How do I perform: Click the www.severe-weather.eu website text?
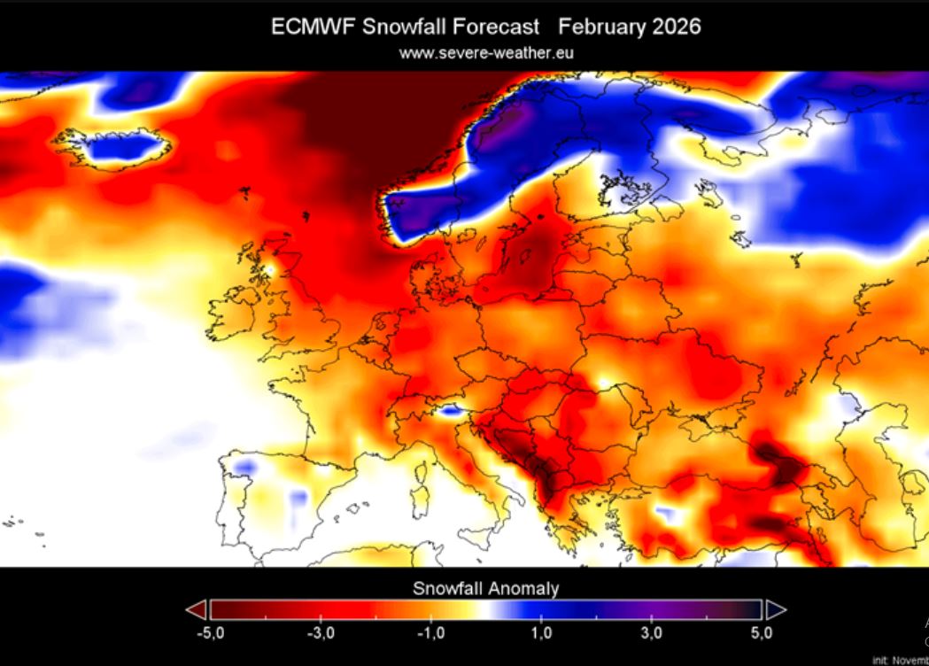pyautogui.click(x=486, y=53)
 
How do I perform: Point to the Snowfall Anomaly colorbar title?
pyautogui.click(x=486, y=588)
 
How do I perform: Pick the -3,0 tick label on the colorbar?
pyautogui.click(x=321, y=633)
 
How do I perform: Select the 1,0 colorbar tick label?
pyautogui.click(x=541, y=633)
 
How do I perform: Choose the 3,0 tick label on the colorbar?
pyautogui.click(x=652, y=633)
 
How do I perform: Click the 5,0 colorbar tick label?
pyautogui.click(x=762, y=633)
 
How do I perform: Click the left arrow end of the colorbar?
pyautogui.click(x=197, y=609)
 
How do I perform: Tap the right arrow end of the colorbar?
pyautogui.click(x=775, y=609)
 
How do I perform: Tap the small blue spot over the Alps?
pyautogui.click(x=450, y=410)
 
